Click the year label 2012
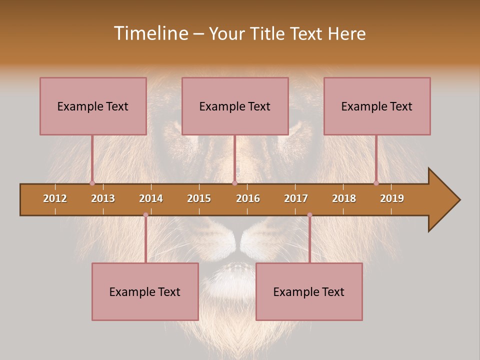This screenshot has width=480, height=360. pyautogui.click(x=55, y=198)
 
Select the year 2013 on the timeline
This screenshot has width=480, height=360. pyautogui.click(x=103, y=198)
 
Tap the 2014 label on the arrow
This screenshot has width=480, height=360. pyautogui.click(x=151, y=198)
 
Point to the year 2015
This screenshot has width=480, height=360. pyautogui.click(x=199, y=198)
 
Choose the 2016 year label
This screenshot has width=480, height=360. pyautogui.click(x=248, y=198)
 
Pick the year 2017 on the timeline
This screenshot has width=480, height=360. pyautogui.click(x=296, y=198)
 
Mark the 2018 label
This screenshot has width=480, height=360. pyautogui.click(x=344, y=198)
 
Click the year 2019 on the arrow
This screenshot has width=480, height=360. pyautogui.click(x=392, y=198)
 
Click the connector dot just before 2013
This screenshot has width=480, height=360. pyautogui.click(x=92, y=183)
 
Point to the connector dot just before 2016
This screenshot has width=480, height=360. pyautogui.click(x=234, y=183)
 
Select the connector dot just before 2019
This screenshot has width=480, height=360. pyautogui.click(x=376, y=183)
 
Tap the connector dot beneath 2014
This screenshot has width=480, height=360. pyautogui.click(x=145, y=215)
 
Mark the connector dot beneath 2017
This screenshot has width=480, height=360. pyautogui.click(x=309, y=215)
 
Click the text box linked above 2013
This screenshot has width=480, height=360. pyautogui.click(x=93, y=106)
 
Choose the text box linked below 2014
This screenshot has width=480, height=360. pyautogui.click(x=145, y=291)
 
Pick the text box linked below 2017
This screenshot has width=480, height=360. pyautogui.click(x=309, y=291)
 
